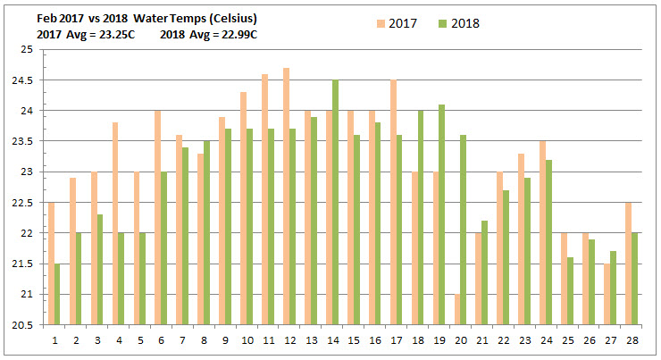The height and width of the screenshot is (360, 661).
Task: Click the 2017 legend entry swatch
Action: point(380,22)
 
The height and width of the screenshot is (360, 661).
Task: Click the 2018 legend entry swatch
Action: point(441,22)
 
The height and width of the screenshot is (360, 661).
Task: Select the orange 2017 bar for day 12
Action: point(286,197)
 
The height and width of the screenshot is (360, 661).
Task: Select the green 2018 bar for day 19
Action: point(441,214)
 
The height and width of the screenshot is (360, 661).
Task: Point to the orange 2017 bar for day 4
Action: point(115,223)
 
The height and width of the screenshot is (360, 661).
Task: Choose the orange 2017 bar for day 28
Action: point(628,264)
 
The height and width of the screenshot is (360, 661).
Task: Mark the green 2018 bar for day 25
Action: point(569,290)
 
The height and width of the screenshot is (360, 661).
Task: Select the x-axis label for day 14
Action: point(330,340)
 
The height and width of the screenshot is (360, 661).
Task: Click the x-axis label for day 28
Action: point(632,340)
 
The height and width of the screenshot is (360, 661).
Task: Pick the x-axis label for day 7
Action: point(184,340)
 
